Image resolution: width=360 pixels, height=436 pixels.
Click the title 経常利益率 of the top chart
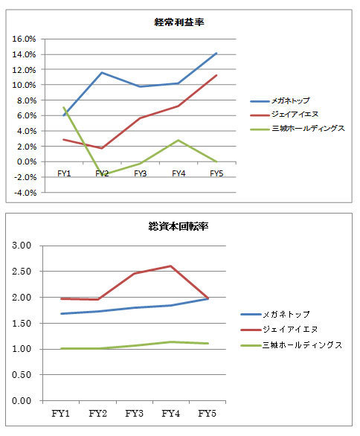point(179,22)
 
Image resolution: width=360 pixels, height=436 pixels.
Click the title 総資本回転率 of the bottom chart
point(179,226)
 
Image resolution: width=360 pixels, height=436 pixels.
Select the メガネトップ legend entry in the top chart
point(280,100)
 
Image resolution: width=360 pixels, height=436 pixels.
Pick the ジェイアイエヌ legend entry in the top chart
point(284,115)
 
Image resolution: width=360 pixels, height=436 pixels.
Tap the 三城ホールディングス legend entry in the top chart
point(298,129)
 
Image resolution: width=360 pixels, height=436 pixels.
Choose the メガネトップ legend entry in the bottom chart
point(275,314)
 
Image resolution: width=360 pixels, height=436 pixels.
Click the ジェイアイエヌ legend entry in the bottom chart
point(279,330)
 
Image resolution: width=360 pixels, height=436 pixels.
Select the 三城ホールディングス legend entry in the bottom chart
point(291,345)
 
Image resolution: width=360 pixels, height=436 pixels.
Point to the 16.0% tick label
point(24,39)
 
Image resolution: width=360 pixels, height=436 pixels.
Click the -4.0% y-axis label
point(24,193)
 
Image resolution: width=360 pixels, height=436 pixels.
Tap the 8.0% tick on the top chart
point(27,100)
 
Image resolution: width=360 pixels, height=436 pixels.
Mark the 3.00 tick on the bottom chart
point(22,246)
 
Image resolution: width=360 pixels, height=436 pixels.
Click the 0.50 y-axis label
point(22,374)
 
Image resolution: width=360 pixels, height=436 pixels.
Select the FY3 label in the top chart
point(140,173)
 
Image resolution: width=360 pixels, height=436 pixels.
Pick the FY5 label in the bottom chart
point(207,414)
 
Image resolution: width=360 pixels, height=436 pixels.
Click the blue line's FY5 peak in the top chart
point(216,53)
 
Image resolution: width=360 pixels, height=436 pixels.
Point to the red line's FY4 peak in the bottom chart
point(170,266)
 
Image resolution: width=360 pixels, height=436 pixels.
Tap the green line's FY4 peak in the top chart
point(179,140)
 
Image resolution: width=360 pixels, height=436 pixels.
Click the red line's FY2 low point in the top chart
point(102,148)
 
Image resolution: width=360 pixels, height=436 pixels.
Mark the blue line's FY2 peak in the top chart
point(102,73)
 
